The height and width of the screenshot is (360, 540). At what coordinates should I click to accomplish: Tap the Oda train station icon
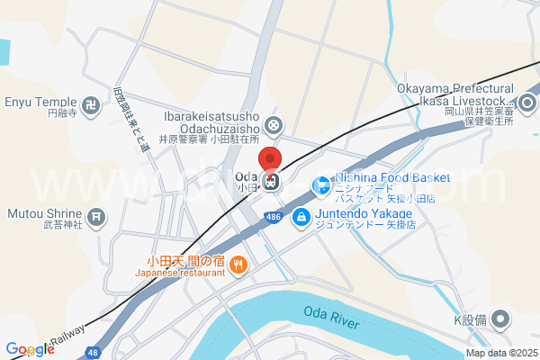272,181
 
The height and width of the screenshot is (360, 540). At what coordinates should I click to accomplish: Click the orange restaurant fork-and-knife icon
238,265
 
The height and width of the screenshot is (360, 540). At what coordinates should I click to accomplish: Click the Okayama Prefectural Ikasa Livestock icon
527,102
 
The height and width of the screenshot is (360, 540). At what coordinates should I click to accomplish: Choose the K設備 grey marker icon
501,319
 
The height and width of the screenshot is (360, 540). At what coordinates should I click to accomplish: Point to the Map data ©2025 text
500,352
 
